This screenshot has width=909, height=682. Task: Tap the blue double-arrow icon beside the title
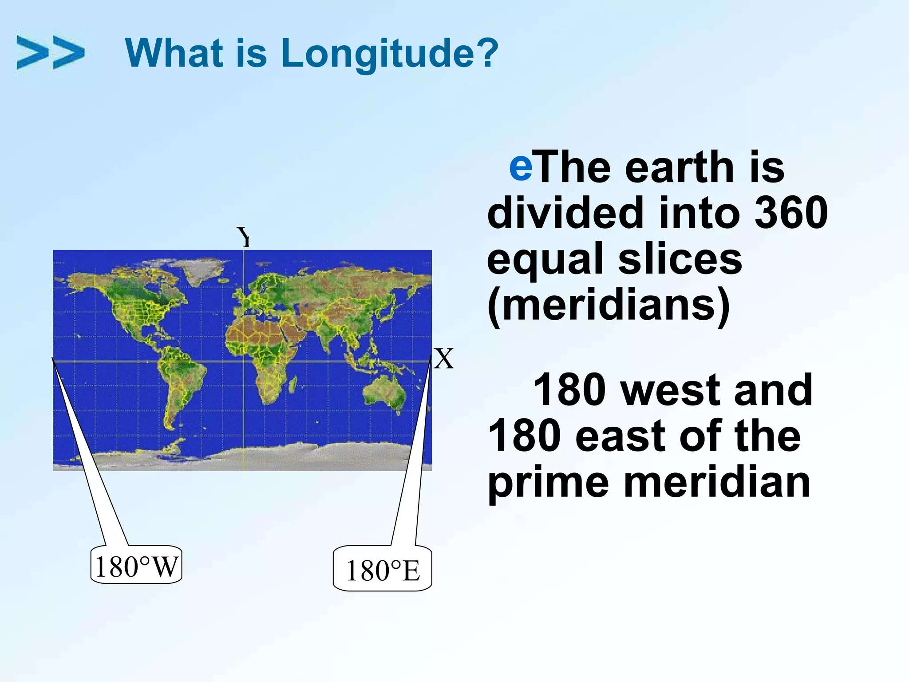(x=50, y=53)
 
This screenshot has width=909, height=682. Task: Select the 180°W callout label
(x=136, y=566)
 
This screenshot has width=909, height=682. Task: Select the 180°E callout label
(x=382, y=571)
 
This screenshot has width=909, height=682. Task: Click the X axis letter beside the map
(x=443, y=359)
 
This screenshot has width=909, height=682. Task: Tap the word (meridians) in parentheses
(x=608, y=305)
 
